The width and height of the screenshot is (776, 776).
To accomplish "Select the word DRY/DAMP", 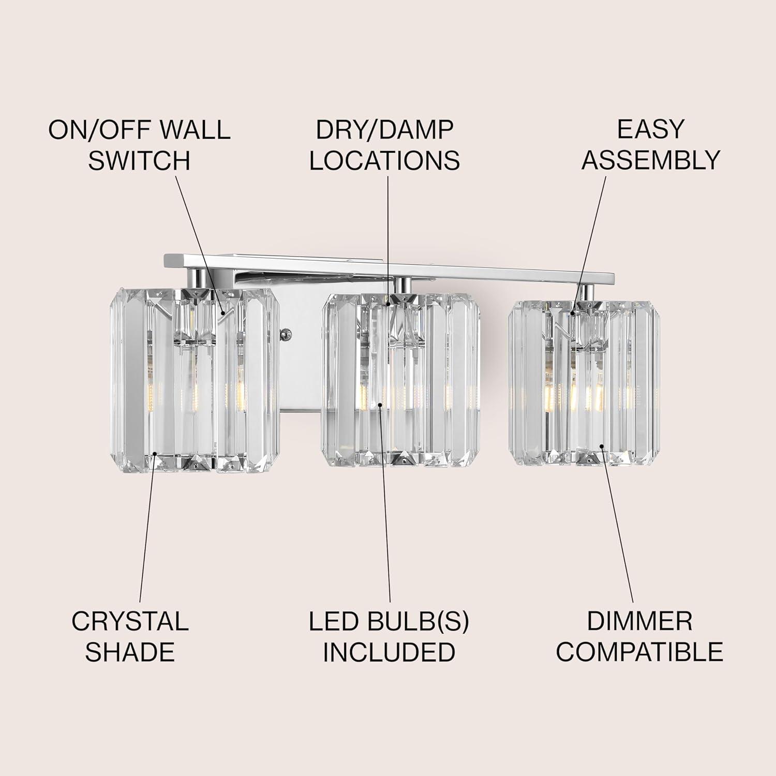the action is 384,129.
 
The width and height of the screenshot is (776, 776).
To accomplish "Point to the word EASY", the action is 651,129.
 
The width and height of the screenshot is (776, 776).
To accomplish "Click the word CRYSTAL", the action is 130,621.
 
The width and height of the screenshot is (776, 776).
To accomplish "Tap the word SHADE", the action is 130,652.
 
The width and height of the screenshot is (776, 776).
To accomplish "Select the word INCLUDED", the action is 389,652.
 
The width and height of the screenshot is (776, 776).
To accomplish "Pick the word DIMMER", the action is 639,621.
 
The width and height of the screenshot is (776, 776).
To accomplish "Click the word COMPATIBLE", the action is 639,652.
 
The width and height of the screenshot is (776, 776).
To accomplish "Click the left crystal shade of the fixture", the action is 195,380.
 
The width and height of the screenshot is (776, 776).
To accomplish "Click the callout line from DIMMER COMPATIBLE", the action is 617,524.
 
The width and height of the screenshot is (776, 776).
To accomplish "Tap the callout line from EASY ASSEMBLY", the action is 589,245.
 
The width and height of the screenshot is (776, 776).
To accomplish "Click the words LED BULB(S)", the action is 389,621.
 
